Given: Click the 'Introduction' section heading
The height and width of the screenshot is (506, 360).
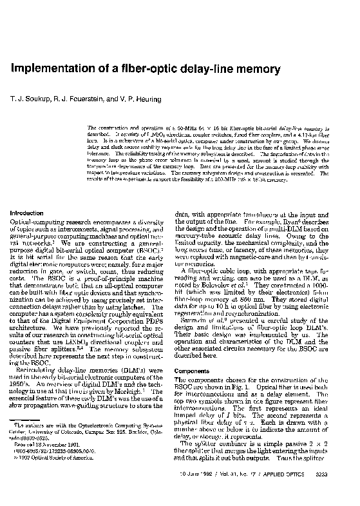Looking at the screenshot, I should [x=26, y=213].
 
